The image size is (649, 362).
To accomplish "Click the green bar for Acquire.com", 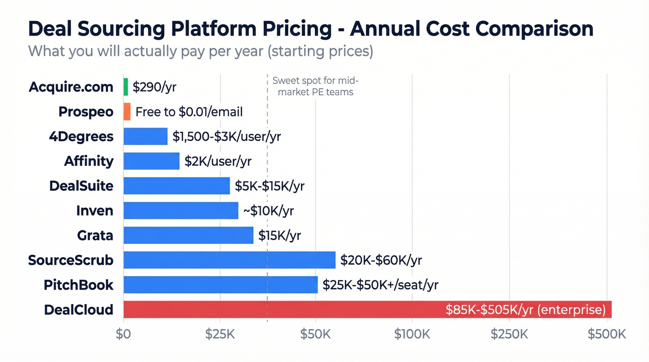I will point(126,87).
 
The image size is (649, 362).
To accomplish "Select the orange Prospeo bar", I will point(127,112).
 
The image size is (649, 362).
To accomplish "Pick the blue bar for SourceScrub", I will point(229,260).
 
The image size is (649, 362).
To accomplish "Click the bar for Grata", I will point(188,235).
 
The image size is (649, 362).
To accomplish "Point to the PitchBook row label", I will point(78,285).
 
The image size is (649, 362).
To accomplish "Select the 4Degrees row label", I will point(81,136).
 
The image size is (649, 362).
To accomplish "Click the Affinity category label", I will point(89,161).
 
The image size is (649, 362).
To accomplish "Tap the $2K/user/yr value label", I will point(218,161).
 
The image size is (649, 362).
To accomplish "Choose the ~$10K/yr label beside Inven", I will point(268,210).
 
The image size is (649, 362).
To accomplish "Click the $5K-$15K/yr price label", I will point(269,186).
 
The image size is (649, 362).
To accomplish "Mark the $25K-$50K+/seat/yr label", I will point(380,285).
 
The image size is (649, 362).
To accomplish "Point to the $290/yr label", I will point(154,87).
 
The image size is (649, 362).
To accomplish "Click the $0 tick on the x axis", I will point(123,334).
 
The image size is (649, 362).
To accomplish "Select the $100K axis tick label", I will point(412,334).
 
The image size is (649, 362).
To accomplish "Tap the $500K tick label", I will point(607,334).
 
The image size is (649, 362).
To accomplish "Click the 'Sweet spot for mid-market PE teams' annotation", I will point(315,86).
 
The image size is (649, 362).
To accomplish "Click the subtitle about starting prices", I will point(200,51).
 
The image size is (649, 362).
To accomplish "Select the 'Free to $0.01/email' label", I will point(189,112).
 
